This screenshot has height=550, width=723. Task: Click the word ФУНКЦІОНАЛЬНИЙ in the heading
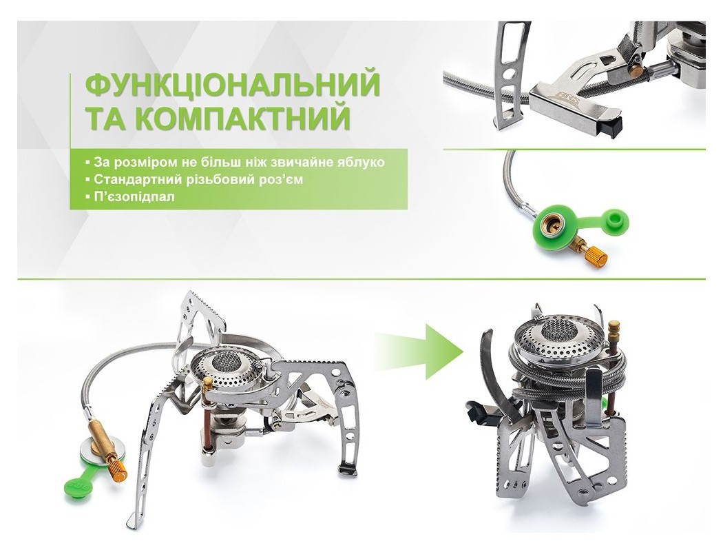pyautogui.click(x=232, y=84)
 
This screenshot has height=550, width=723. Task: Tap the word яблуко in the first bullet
pyautogui.click(x=379, y=162)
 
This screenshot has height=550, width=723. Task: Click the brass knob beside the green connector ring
pyautogui.click(x=595, y=256)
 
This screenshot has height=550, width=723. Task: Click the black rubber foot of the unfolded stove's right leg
pyautogui.click(x=348, y=470)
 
